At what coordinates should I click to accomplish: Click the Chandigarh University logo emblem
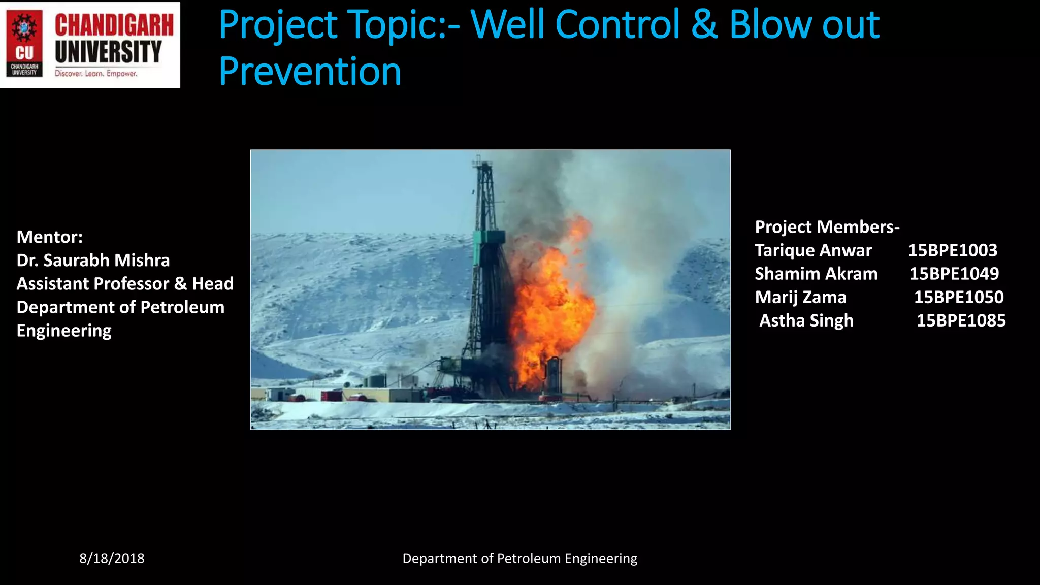pyautogui.click(x=24, y=45)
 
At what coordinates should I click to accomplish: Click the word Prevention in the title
pyautogui.click(x=310, y=71)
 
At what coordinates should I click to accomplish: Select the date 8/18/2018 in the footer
pyautogui.click(x=112, y=558)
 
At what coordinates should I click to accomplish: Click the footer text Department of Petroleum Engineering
pyautogui.click(x=519, y=558)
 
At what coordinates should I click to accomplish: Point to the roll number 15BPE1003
pyautogui.click(x=953, y=250)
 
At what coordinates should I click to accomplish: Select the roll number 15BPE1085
pyautogui.click(x=961, y=320)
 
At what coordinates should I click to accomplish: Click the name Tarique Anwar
pyautogui.click(x=813, y=250)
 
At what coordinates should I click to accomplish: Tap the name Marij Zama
pyautogui.click(x=800, y=297)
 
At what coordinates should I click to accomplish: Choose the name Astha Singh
pyautogui.click(x=806, y=320)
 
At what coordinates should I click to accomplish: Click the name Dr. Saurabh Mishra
pyautogui.click(x=93, y=260)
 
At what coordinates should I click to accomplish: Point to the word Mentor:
pyautogui.click(x=50, y=237)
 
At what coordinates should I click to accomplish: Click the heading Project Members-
pyautogui.click(x=827, y=226)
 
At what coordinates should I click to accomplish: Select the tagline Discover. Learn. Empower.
pyautogui.click(x=96, y=74)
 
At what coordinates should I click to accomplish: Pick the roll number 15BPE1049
pyautogui.click(x=954, y=274)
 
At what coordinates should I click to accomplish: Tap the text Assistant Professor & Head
pyautogui.click(x=125, y=283)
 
